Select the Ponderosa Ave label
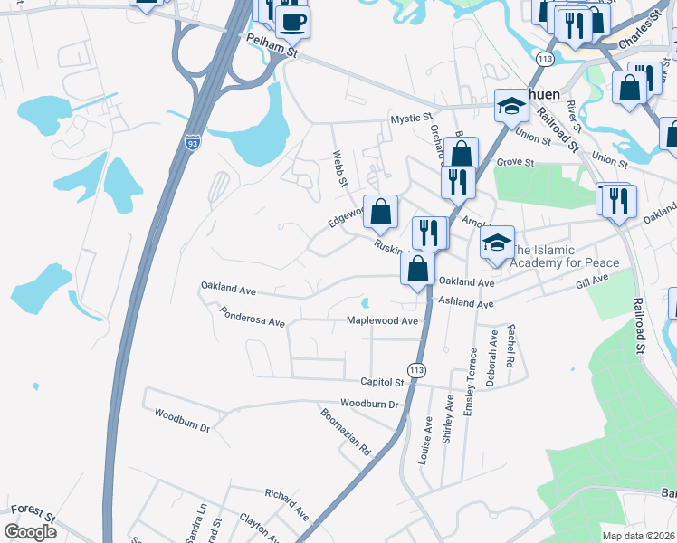pyautogui.click(x=252, y=317)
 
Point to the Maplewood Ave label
pyautogui.click(x=383, y=320)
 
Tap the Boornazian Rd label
pyautogui.click(x=346, y=431)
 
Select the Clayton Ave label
pyautogui.click(x=259, y=527)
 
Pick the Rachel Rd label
pyautogui.click(x=511, y=346)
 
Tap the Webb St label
pyautogui.click(x=340, y=168)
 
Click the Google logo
pyautogui.click(x=30, y=532)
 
